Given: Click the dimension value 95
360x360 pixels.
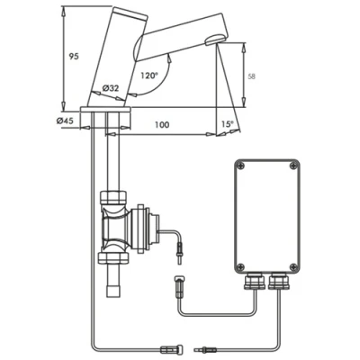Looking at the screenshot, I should [x=73, y=57].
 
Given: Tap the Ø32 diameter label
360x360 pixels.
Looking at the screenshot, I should [x=112, y=87].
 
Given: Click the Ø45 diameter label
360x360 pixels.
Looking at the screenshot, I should [x=65, y=120].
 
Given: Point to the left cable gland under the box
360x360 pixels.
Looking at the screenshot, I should [x=250, y=283].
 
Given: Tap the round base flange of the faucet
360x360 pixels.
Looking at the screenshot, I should [x=106, y=110].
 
